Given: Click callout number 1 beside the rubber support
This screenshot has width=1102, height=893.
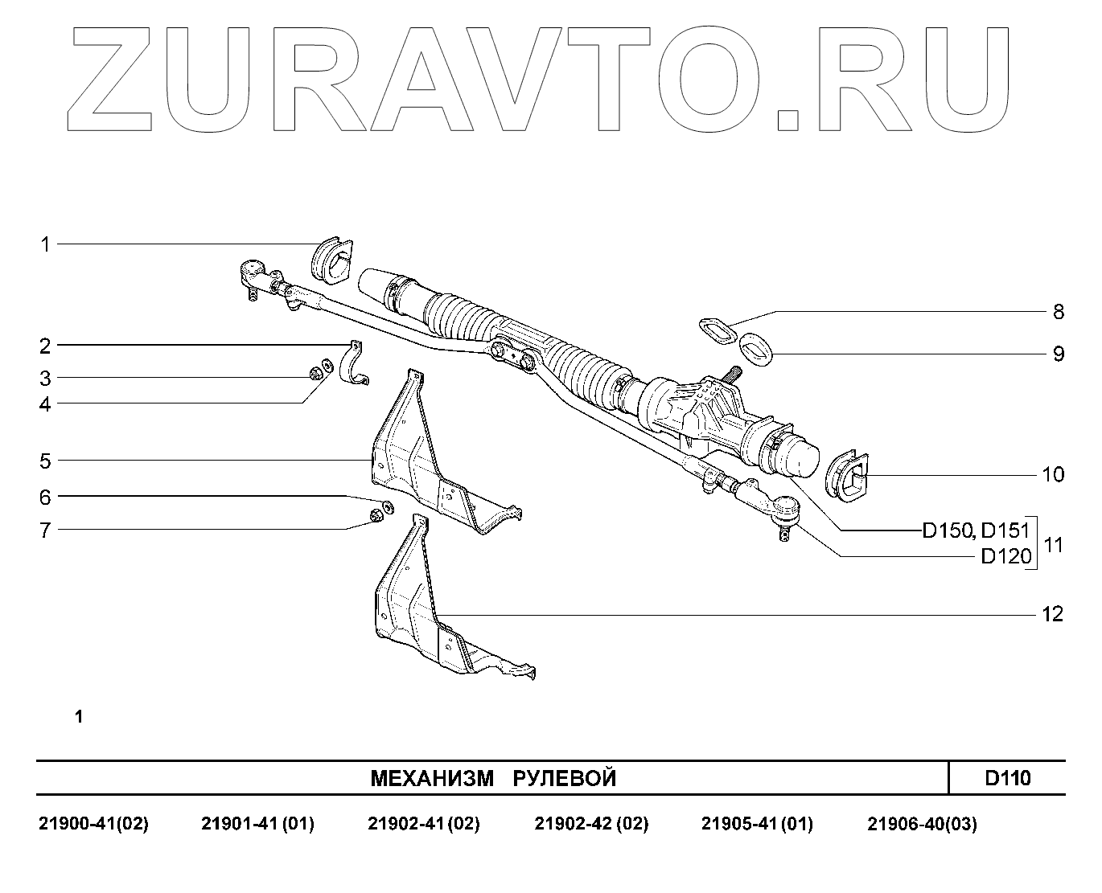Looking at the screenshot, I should pyautogui.click(x=46, y=244).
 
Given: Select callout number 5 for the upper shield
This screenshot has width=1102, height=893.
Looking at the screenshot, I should pyautogui.click(x=45, y=461).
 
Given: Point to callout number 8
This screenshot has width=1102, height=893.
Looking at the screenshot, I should pyautogui.click(x=1058, y=312).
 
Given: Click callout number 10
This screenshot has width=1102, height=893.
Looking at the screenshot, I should pyautogui.click(x=1052, y=475).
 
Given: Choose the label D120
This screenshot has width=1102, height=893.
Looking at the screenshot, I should pyautogui.click(x=1005, y=556).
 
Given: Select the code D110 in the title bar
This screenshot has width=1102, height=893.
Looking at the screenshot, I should pyautogui.click(x=1007, y=778).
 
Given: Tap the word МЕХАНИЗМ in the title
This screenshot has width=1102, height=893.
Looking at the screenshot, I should pyautogui.click(x=431, y=778).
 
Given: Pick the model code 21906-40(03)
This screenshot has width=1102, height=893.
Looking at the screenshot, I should pyautogui.click(x=922, y=825).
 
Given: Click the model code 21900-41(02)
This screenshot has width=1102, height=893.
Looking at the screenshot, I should pyautogui.click(x=93, y=825).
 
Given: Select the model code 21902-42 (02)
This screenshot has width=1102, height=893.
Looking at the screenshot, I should pyautogui.click(x=591, y=825).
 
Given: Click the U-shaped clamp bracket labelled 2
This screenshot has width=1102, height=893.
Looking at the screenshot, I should pyautogui.click(x=353, y=366).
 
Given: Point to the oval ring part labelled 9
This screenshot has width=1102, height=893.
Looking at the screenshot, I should pyautogui.click(x=754, y=349).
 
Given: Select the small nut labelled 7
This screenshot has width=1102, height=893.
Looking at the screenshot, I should pyautogui.click(x=375, y=514).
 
